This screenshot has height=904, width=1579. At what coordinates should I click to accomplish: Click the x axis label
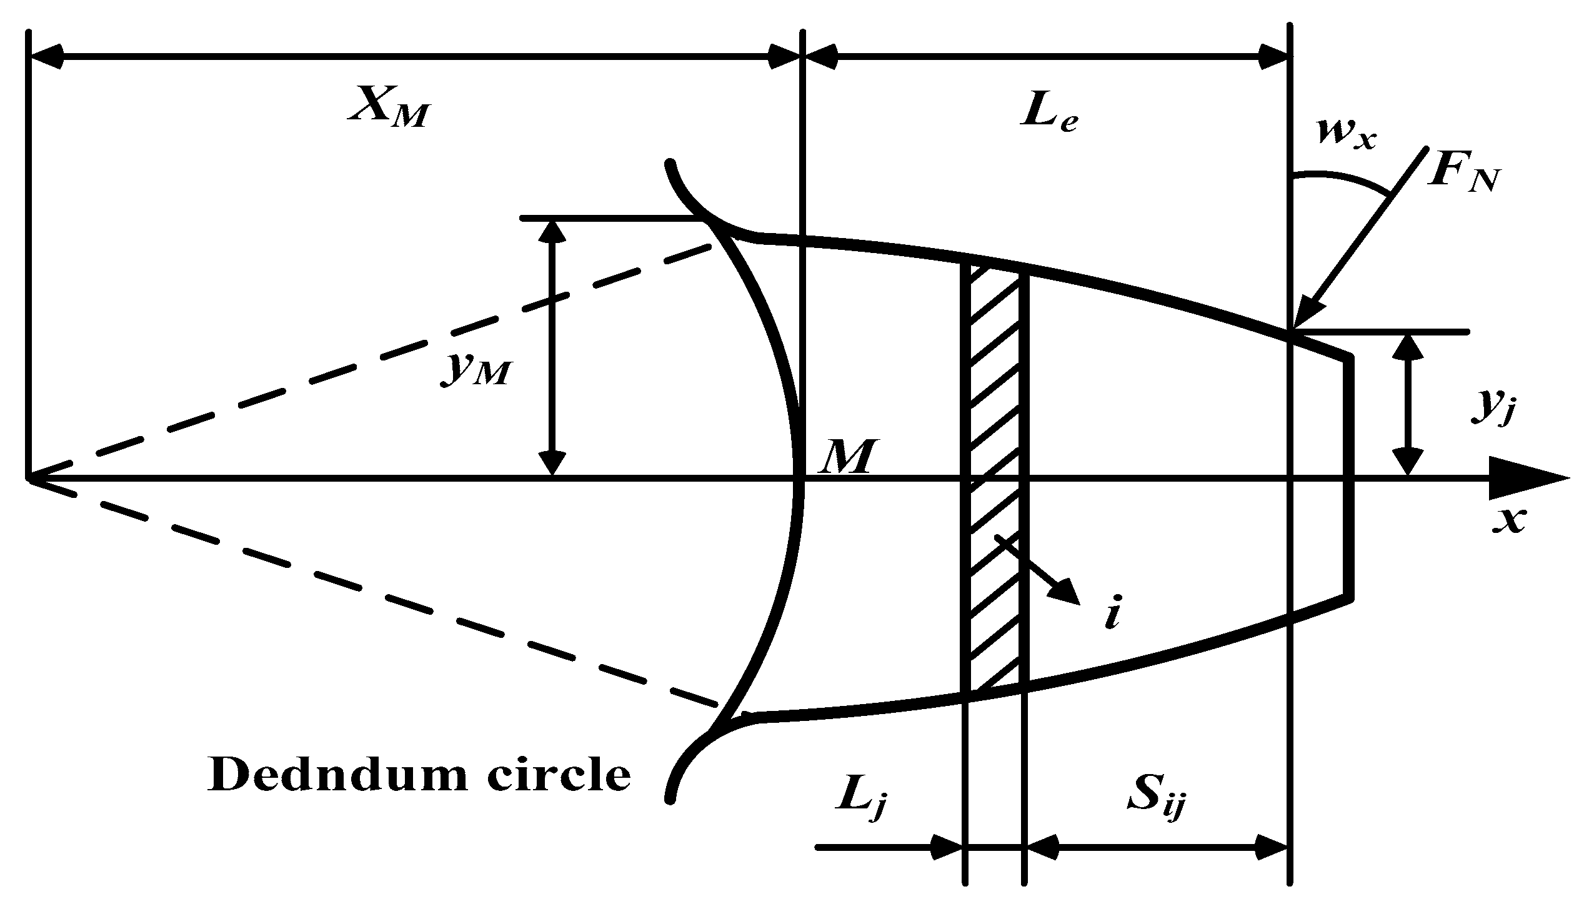1508,519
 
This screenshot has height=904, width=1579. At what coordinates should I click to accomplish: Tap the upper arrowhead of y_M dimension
552,231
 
